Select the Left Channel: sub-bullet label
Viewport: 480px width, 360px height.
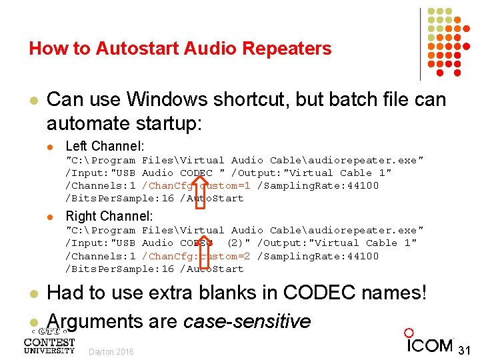click(x=105, y=146)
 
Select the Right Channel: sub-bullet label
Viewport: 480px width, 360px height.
click(x=109, y=216)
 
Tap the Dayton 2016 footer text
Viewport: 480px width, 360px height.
click(x=111, y=352)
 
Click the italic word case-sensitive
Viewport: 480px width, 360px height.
click(x=247, y=321)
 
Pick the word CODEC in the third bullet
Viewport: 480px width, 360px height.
click(x=318, y=293)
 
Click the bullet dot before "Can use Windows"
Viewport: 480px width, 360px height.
click(x=33, y=101)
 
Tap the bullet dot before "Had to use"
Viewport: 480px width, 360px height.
click(x=33, y=293)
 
